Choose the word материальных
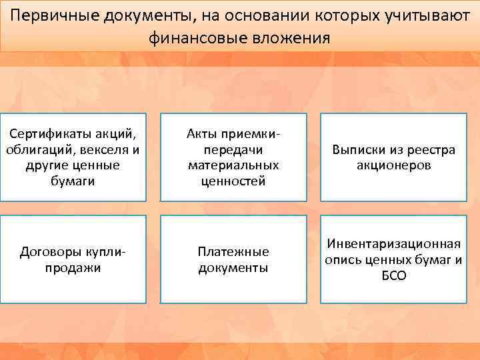[233, 165]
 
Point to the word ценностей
[233, 180]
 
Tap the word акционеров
[393, 165]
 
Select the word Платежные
[233, 252]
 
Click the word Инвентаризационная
[393, 245]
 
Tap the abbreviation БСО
[393, 275]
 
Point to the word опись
[342, 260]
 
